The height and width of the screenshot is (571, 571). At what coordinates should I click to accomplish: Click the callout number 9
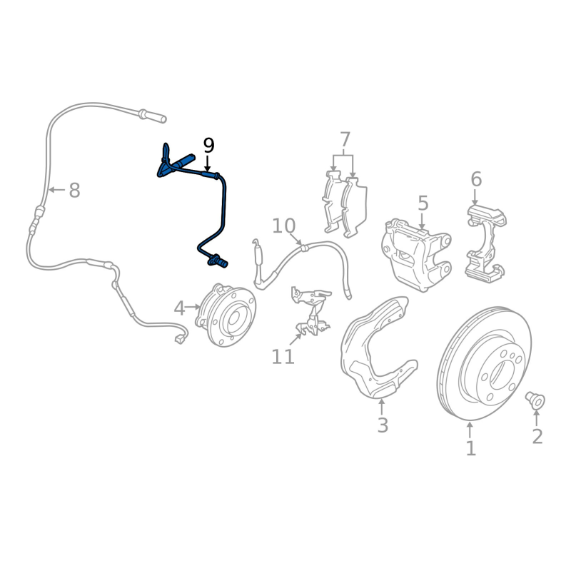[x=208, y=146]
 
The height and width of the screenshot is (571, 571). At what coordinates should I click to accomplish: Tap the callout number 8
[x=74, y=191]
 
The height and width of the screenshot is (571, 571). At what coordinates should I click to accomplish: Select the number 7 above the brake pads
[x=345, y=138]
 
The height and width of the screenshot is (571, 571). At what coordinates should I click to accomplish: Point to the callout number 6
[x=476, y=178]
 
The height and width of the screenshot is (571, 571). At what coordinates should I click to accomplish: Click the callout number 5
[x=423, y=203]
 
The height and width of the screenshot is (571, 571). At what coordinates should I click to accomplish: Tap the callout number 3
[x=383, y=425]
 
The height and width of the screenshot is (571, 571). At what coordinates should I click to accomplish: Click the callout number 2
[x=537, y=435]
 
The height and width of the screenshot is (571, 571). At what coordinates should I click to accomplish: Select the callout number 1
[x=470, y=448]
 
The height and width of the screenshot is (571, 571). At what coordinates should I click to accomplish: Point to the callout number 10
[x=283, y=226]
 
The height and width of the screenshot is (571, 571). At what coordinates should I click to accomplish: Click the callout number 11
[x=283, y=356]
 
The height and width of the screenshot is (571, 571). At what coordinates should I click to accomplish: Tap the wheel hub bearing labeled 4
[x=227, y=315]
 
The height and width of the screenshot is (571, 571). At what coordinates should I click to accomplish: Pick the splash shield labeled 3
[x=376, y=350]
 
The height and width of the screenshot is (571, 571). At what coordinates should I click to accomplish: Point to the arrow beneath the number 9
[x=208, y=164]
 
